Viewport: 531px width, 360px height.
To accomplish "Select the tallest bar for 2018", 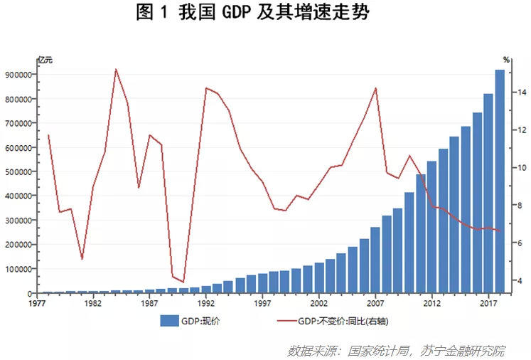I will pos(500,181).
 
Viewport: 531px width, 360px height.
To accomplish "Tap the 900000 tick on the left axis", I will pos(20,75).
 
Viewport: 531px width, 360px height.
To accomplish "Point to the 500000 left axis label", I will pos(20,172).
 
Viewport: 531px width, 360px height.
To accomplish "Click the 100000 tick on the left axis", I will pos(20,269).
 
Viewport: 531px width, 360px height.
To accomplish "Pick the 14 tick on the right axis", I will pos(521,92).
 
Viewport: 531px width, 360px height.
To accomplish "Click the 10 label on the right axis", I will pos(521,168).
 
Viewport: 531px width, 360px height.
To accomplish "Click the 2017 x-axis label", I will pos(488,302).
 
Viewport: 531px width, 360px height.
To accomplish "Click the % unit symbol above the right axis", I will pos(506,60).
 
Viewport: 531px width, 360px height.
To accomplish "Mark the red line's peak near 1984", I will pos(116,69).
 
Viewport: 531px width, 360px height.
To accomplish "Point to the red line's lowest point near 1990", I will pos(183,282).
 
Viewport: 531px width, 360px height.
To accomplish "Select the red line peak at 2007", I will pos(375,88).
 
